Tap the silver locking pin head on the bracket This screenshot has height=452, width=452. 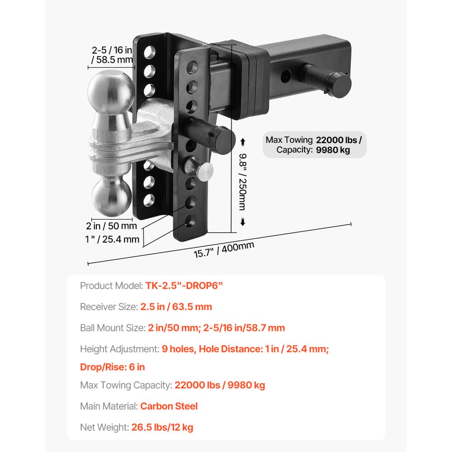click(204, 171)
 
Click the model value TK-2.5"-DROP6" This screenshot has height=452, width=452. click(184, 286)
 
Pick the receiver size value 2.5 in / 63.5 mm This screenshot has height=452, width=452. click(176, 307)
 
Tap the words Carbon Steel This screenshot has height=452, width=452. click(169, 406)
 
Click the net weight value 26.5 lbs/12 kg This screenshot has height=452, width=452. click(162, 427)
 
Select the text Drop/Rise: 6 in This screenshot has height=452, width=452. click(113, 367)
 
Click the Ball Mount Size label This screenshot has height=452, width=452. click(112, 328)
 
